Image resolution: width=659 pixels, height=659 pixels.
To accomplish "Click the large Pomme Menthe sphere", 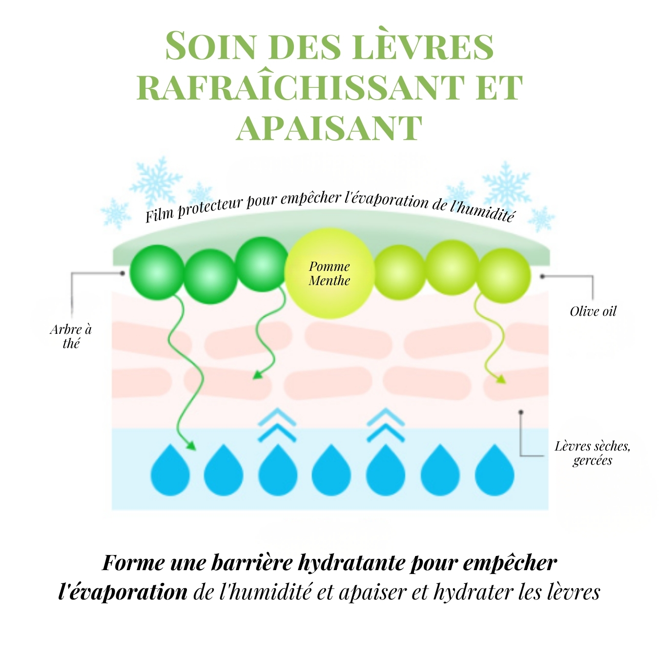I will [329, 273].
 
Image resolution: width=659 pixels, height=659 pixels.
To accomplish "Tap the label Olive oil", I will [593, 311].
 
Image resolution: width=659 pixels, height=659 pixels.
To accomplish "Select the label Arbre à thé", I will [71, 336].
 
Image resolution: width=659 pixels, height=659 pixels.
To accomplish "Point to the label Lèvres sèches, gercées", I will [592, 453].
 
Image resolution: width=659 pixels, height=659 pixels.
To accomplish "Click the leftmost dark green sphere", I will [157, 272].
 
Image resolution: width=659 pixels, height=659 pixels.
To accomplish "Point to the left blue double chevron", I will [277, 425].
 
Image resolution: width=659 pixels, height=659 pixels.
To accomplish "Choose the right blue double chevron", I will [386, 425].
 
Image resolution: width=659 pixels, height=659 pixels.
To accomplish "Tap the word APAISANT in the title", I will [329, 129].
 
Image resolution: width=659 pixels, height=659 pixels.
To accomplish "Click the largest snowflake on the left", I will [157, 181].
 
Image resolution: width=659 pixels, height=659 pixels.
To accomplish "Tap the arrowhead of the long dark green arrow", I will [191, 446].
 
